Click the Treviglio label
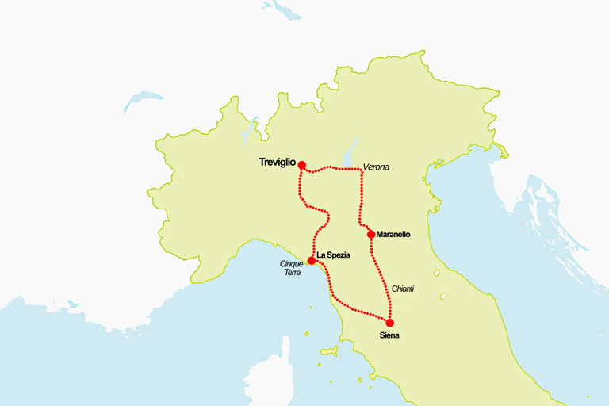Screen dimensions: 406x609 277,162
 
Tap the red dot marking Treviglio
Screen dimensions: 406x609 302,164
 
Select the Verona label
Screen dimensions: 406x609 376,167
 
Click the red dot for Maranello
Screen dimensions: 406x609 371,234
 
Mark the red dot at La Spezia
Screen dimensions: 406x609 312,260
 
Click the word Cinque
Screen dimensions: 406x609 291,264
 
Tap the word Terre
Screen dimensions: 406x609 293,273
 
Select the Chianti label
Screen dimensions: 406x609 403,289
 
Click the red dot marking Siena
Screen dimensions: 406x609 389,323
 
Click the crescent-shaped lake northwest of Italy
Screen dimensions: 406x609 143,101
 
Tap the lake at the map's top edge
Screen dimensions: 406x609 282,9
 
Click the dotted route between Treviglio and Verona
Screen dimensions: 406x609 337,169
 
